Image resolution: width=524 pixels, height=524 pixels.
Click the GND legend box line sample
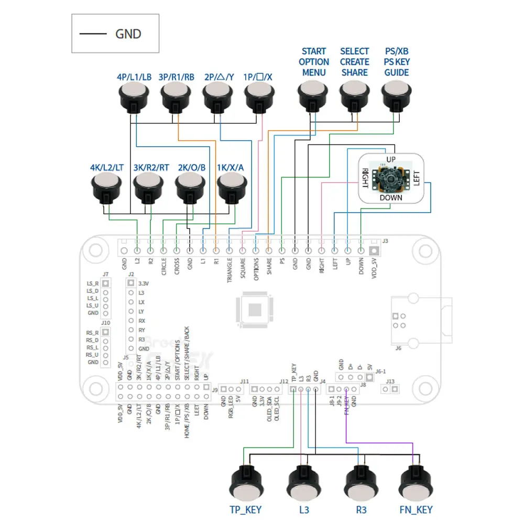(93, 34)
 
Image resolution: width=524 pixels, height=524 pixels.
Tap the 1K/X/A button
(232, 186)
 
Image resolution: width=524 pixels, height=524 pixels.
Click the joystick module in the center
(391, 179)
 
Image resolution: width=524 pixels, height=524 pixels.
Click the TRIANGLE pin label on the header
(230, 270)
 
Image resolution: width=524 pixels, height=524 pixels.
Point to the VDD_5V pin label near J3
(374, 268)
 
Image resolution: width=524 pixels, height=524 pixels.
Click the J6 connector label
(398, 347)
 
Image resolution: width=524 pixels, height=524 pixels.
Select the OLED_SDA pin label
(269, 408)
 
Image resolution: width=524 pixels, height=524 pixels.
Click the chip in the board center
(255, 309)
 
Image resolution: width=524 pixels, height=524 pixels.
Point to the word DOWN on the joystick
(391, 198)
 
